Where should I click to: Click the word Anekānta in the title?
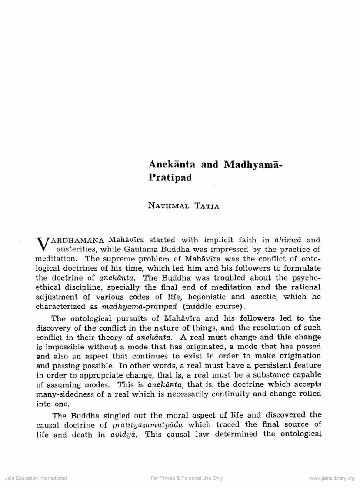tap(170, 164)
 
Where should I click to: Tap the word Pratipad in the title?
tap(170, 178)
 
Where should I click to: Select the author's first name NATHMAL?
tap(169, 206)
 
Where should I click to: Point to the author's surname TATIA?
tap(207, 206)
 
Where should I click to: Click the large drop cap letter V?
tap(40, 244)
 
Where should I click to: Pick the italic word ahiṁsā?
tap(289, 240)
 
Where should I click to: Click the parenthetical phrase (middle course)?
tap(204, 306)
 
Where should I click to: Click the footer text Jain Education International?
tap(36, 478)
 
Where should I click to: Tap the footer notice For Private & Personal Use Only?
tap(187, 478)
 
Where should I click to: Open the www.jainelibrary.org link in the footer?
tap(332, 478)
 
